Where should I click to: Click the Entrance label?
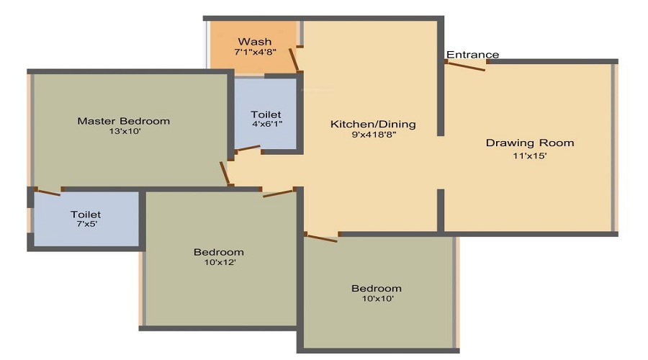click(472, 55)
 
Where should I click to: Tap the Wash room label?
click(254, 41)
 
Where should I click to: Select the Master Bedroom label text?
click(124, 121)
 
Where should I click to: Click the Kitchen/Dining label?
click(373, 125)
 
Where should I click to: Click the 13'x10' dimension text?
click(124, 132)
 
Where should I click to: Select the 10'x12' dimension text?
click(218, 263)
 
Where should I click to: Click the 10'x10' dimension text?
click(376, 299)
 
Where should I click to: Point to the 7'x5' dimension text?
click(86, 225)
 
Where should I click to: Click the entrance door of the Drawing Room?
click(465, 66)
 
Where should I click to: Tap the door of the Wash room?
click(294, 58)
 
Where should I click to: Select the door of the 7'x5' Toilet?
click(48, 192)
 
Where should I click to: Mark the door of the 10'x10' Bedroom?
click(321, 237)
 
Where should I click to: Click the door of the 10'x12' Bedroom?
click(279, 192)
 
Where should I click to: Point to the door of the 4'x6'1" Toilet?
click(248, 150)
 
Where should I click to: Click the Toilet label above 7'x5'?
click(86, 215)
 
